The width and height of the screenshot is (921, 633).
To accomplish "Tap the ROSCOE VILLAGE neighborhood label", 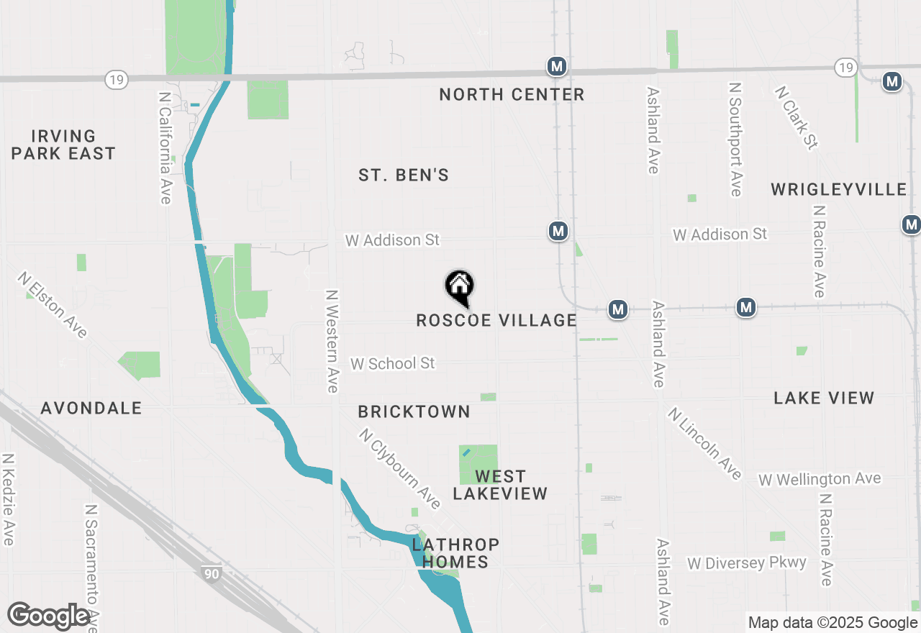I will pyautogui.click(x=496, y=320).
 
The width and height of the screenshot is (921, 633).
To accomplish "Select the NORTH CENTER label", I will pyautogui.click(x=512, y=94).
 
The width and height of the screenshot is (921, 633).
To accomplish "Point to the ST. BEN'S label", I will pyautogui.click(x=404, y=175).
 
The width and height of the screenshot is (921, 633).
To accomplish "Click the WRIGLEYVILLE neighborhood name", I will pyautogui.click(x=838, y=189).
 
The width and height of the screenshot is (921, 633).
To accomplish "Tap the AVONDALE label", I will pyautogui.click(x=91, y=408).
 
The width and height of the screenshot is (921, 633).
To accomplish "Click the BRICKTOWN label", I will pyautogui.click(x=414, y=411).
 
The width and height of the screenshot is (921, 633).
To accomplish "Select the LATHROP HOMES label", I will pyautogui.click(x=455, y=553).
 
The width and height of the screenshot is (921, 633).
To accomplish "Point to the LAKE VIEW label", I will pyautogui.click(x=824, y=398).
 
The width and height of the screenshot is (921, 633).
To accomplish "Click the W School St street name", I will pyautogui.click(x=393, y=363).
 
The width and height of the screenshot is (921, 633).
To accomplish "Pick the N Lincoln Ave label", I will pyautogui.click(x=704, y=443).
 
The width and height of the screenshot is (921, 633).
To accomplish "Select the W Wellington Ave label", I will pyautogui.click(x=820, y=479).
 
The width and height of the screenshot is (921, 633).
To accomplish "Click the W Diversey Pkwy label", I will pyautogui.click(x=747, y=563).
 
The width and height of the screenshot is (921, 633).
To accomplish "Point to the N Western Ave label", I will pyautogui.click(x=332, y=341).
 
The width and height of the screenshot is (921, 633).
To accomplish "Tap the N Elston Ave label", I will pyautogui.click(x=53, y=304).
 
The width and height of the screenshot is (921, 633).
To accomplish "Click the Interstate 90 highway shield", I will pyautogui.click(x=211, y=573).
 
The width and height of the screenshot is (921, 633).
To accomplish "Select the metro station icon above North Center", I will pyautogui.click(x=556, y=66).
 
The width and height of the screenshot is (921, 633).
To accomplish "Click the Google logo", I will pyautogui.click(x=49, y=616).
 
